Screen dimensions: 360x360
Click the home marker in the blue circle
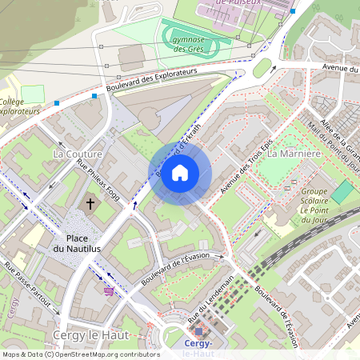point(180,173)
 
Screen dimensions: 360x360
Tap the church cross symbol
point(90,204)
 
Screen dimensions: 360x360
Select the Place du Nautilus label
point(77,244)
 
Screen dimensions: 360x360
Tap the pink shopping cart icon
point(108,291)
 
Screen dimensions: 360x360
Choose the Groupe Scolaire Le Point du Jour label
point(318,203)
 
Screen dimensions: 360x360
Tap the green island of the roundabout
point(262,68)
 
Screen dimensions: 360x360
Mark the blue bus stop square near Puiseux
point(293,12)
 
